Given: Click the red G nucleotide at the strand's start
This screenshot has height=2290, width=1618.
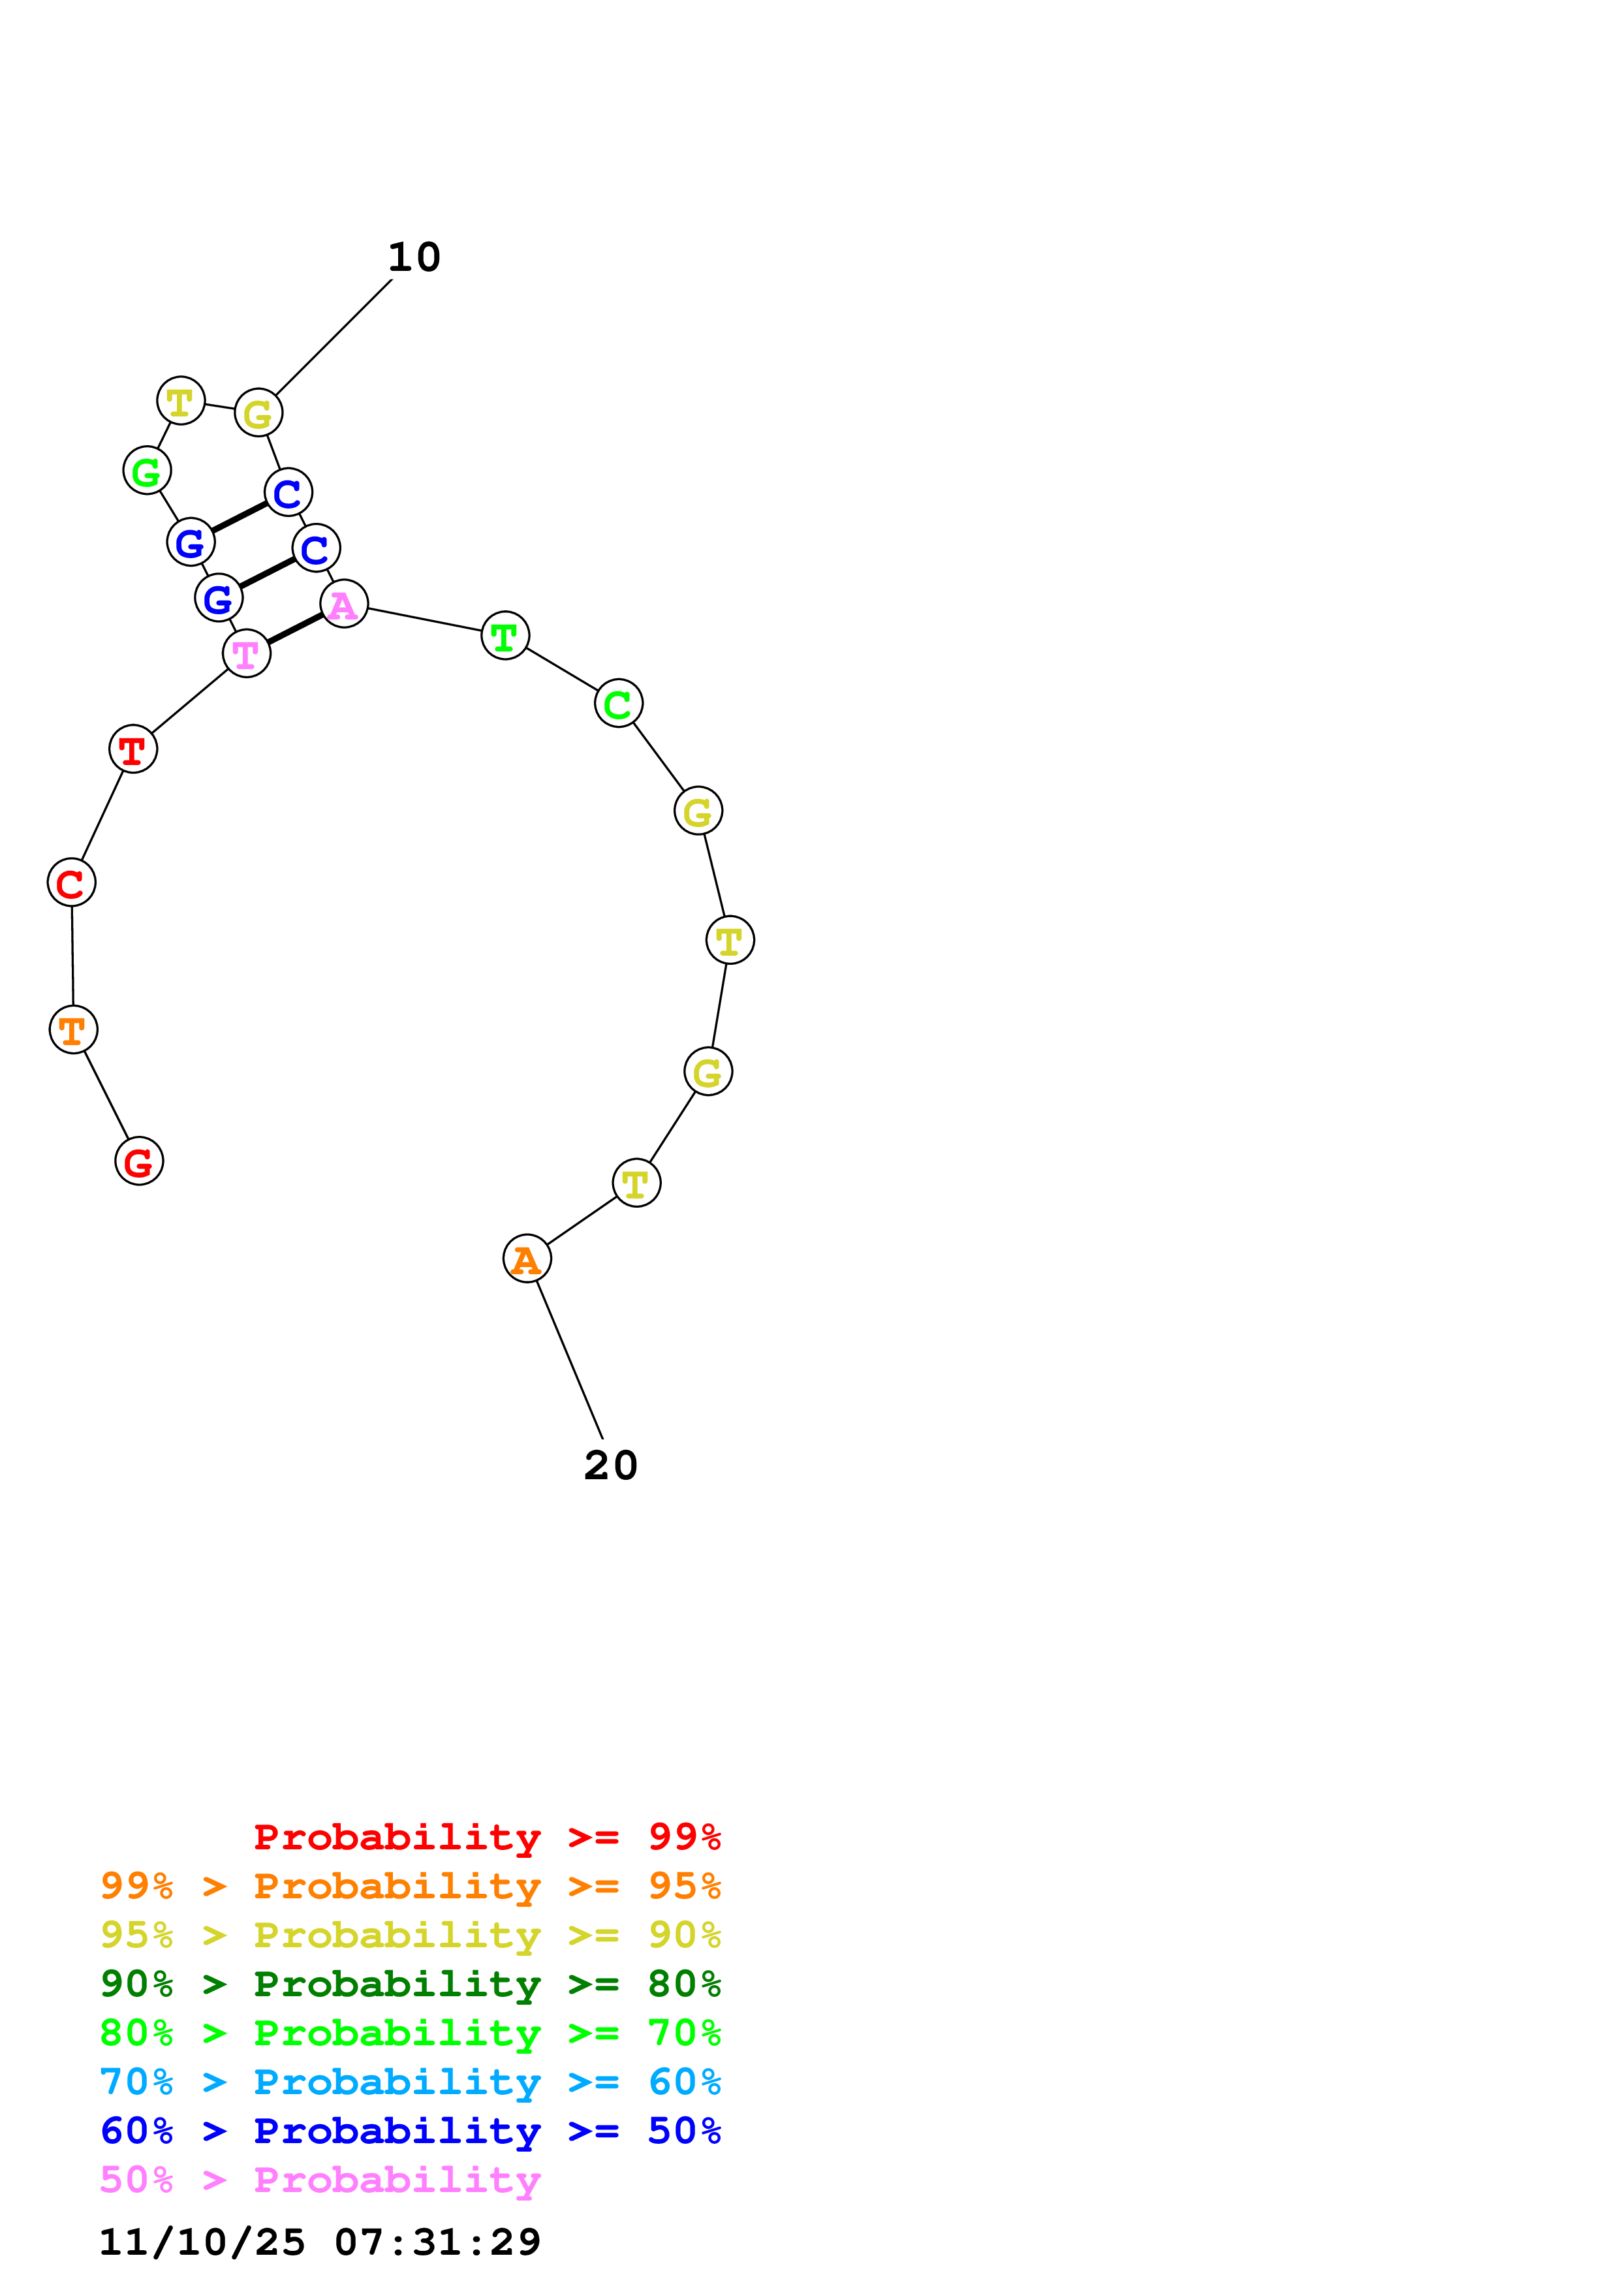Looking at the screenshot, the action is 138,1161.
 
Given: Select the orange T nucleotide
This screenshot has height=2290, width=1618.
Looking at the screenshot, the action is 73,1029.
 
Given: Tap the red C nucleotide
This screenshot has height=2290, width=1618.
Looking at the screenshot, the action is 70,883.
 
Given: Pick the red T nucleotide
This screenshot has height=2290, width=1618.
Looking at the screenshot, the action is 132,748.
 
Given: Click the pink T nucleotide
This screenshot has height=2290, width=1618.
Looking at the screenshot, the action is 246,653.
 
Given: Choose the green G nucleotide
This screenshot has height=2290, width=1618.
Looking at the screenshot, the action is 147,470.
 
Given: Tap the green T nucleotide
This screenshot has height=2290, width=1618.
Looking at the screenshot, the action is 505,635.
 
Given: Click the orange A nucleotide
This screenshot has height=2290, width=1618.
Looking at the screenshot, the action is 526,1259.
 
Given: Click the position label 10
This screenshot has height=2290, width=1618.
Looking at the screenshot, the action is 414,257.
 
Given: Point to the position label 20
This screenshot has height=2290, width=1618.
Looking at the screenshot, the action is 610,1465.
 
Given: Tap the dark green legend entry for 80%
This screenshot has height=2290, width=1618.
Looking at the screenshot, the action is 410,1984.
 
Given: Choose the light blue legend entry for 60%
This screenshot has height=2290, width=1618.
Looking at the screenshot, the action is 410,2082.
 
